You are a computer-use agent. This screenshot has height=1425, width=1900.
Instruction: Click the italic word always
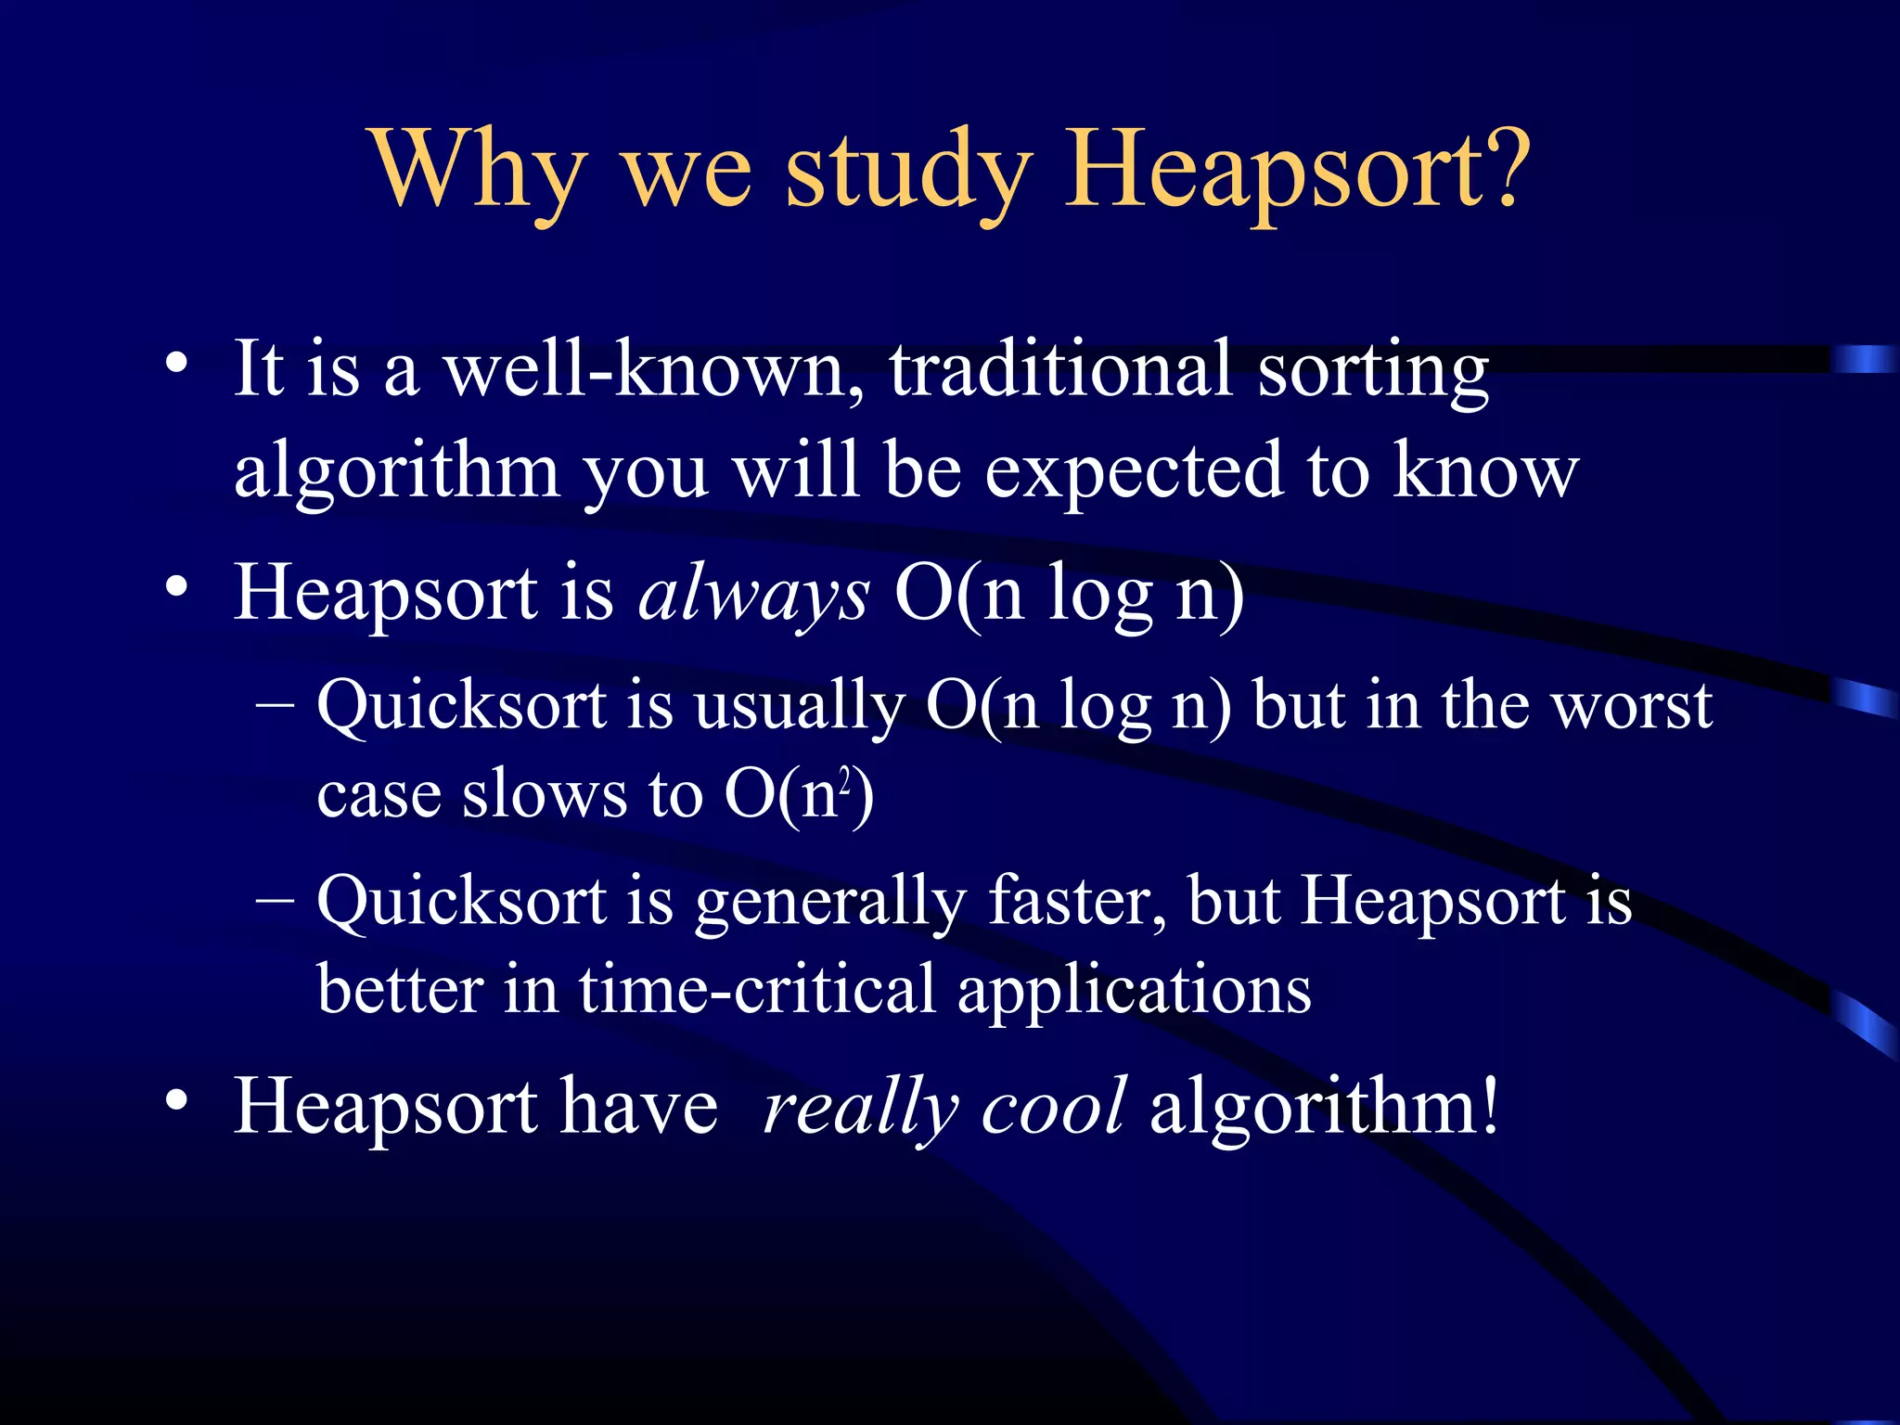[753, 596]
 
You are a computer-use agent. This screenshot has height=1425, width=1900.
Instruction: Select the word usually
[799, 707]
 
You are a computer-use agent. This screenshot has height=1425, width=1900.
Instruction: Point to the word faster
[1077, 902]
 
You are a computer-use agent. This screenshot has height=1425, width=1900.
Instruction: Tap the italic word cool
[1054, 1106]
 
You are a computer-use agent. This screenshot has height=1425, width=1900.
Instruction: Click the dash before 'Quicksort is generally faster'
[275, 899]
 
